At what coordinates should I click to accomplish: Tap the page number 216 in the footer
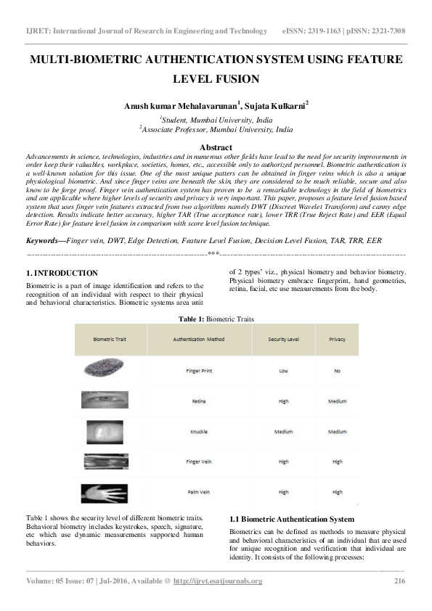[x=399, y=581]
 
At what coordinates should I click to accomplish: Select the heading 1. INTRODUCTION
[x=62, y=273]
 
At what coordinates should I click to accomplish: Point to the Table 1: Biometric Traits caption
[x=216, y=318]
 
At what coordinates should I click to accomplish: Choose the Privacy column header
[x=337, y=339]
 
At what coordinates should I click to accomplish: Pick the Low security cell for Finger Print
[x=283, y=369]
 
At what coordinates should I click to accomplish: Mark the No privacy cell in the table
[x=337, y=369]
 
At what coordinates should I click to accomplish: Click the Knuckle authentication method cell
[x=199, y=431]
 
